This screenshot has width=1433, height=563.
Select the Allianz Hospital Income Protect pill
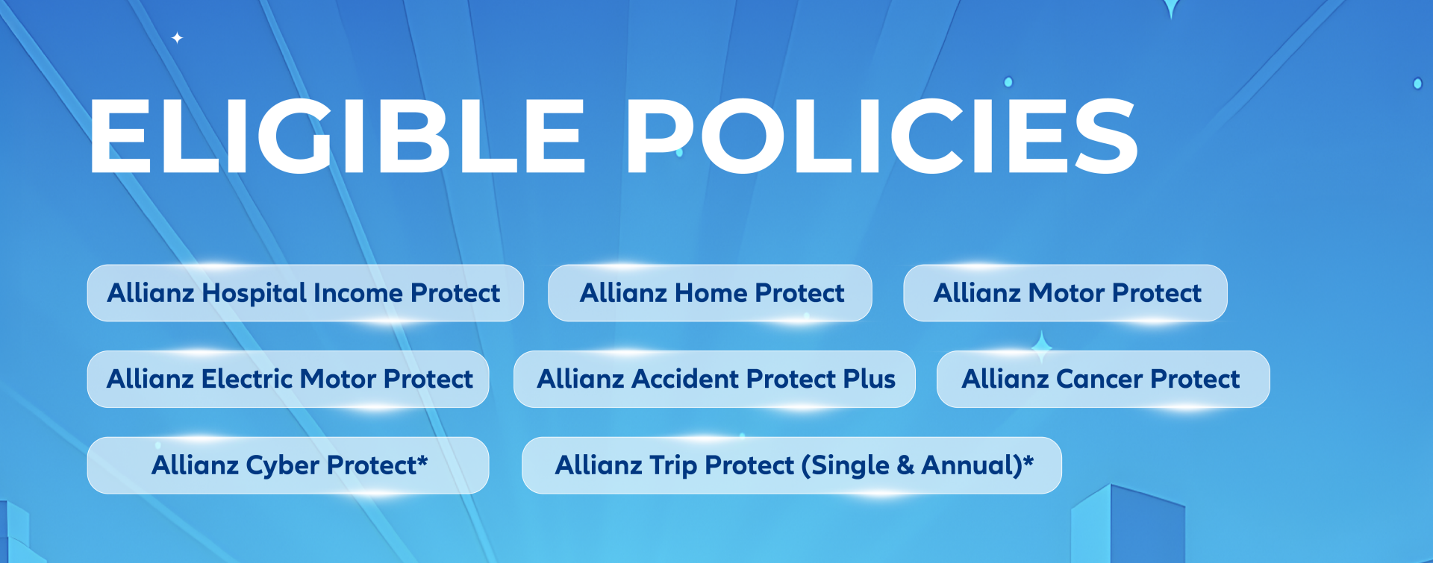click(x=305, y=293)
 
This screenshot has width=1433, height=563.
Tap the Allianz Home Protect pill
click(x=710, y=293)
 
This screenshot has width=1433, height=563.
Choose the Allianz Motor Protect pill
click(x=1065, y=293)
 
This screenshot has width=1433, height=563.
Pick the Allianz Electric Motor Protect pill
click(x=288, y=379)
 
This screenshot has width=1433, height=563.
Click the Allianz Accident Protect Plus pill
click(x=714, y=379)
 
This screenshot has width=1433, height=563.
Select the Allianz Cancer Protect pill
click(x=1103, y=379)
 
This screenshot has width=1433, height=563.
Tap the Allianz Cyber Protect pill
click(x=288, y=465)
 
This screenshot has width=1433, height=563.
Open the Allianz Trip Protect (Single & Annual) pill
click(x=791, y=465)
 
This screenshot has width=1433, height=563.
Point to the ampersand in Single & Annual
click(x=905, y=465)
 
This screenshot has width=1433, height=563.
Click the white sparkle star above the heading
click(x=177, y=37)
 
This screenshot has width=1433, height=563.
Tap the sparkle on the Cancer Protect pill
click(x=1042, y=347)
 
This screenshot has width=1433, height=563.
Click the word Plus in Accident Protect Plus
click(x=869, y=379)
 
